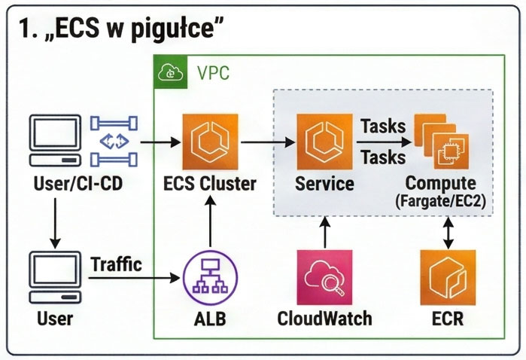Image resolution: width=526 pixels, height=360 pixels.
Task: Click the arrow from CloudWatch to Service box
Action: point(325,232)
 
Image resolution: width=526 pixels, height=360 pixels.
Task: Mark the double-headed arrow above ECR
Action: point(448,232)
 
